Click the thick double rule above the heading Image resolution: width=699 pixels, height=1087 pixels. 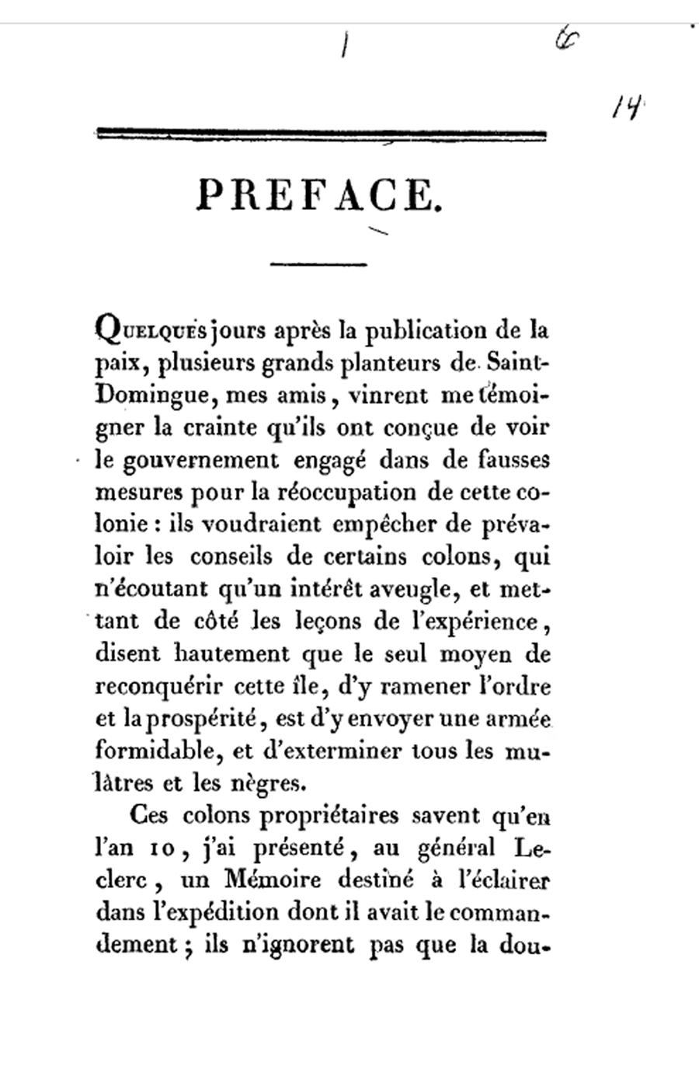(x=320, y=134)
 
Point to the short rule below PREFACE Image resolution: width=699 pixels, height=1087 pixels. (x=318, y=265)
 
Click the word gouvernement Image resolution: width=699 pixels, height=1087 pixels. (x=196, y=461)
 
